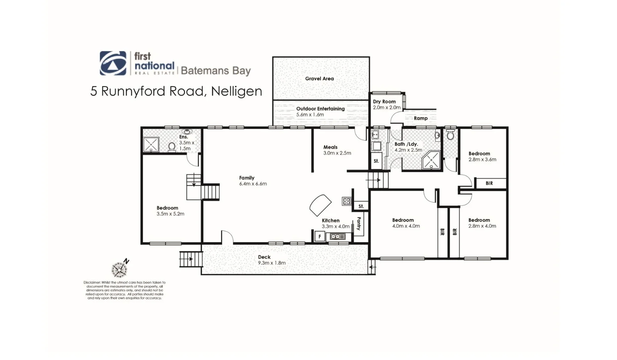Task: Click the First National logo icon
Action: pos(113,63)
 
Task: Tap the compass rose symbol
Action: pos(119,269)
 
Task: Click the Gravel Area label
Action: pos(319,79)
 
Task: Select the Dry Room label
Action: pos(384,102)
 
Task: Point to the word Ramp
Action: pos(420,118)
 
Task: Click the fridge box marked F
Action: pos(319,237)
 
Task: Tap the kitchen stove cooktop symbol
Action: pos(347,201)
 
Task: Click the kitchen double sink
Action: pos(337,237)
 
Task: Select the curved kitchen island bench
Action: pos(320,205)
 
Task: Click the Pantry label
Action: pos(359,224)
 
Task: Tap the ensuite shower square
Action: pos(151,145)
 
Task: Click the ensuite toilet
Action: pos(172,147)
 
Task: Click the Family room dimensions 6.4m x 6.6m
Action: pos(253,184)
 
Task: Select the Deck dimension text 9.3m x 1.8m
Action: pos(272,263)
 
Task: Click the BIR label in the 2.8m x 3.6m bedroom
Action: pos(489,183)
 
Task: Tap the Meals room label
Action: pos(330,147)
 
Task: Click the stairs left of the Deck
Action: pos(191,259)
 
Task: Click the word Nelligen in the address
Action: pos(237,91)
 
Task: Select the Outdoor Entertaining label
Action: pos(320,109)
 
